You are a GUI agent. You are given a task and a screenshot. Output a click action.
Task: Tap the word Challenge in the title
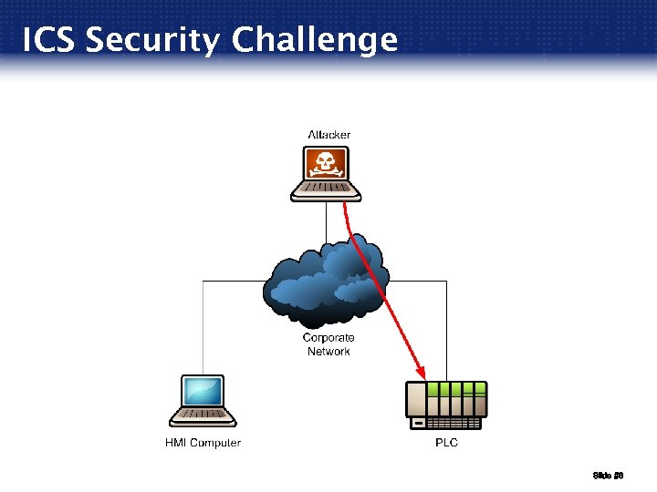click(315, 41)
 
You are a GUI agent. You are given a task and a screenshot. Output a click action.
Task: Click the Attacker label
click(328, 135)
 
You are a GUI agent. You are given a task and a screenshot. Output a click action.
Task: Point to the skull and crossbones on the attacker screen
click(326, 164)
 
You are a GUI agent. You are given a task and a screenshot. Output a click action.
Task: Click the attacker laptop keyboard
click(326, 190)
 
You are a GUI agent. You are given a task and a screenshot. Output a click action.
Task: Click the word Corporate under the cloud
click(328, 338)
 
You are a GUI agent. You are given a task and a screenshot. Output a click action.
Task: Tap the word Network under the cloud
click(328, 351)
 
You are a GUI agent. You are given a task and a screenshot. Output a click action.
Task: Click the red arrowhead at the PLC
click(422, 373)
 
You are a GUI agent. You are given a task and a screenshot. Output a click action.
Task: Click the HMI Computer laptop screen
click(203, 391)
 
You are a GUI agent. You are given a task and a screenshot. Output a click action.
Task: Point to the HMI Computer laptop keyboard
click(203, 416)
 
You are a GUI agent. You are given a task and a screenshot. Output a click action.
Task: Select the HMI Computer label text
click(203, 443)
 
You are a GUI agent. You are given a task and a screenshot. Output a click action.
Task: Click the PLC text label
click(446, 443)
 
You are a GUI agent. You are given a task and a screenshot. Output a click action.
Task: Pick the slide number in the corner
click(607, 475)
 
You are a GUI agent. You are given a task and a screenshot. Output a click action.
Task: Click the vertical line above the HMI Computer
click(203, 328)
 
